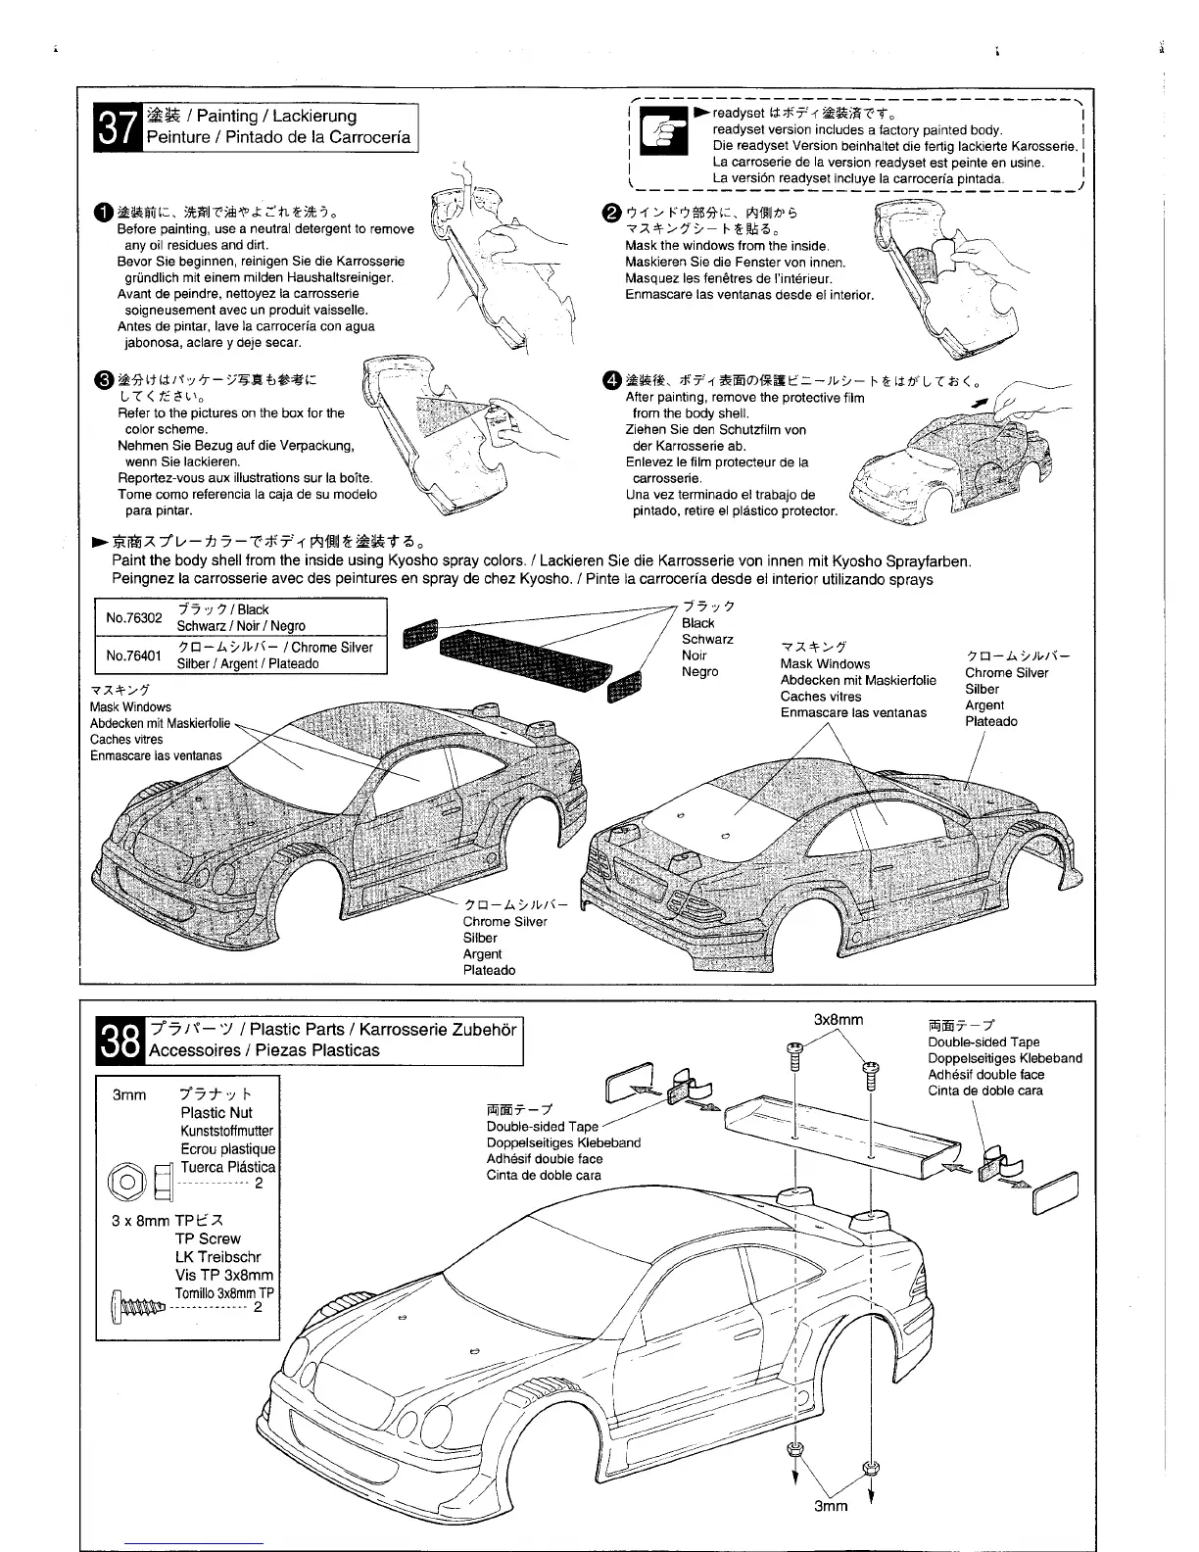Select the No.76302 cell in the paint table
(133, 617)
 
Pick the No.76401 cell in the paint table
(133, 655)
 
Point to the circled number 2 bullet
(612, 212)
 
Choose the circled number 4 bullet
(612, 380)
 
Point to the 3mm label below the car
(831, 1506)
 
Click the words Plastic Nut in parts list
(216, 1112)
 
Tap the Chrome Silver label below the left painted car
(504, 921)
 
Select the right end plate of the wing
(1056, 1192)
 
